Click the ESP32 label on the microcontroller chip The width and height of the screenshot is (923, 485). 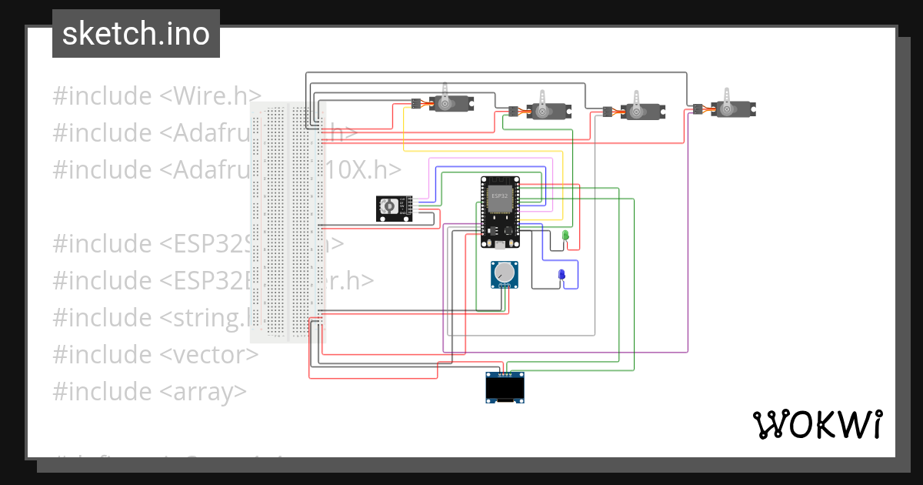click(499, 196)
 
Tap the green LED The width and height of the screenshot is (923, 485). click(565, 235)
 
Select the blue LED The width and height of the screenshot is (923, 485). click(561, 276)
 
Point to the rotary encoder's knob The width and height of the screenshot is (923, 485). click(389, 206)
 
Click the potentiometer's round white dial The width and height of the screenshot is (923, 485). click(504, 272)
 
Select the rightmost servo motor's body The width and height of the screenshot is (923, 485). click(731, 109)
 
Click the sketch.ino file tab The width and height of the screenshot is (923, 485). click(136, 34)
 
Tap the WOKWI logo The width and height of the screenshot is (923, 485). click(817, 424)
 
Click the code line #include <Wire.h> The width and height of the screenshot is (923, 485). click(157, 96)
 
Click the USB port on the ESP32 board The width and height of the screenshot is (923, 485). click(500, 245)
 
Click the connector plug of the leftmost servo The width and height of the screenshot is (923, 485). click(416, 103)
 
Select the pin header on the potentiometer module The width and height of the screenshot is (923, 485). click(505, 287)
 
